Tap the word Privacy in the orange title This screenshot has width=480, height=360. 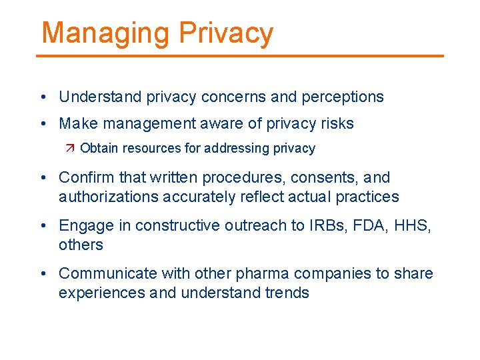(227, 33)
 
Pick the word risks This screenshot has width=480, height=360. (337, 123)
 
